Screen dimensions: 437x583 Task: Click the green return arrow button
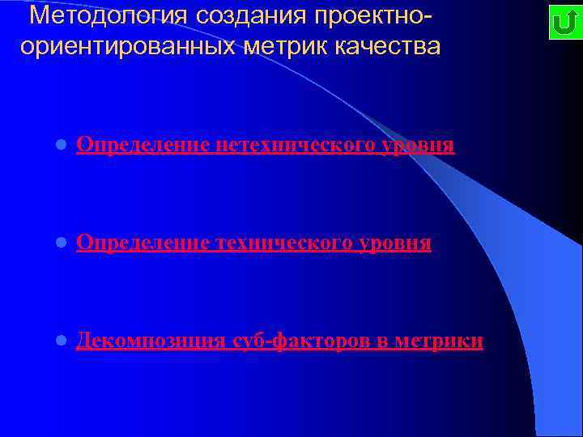562,23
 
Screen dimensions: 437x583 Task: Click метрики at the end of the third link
440,342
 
